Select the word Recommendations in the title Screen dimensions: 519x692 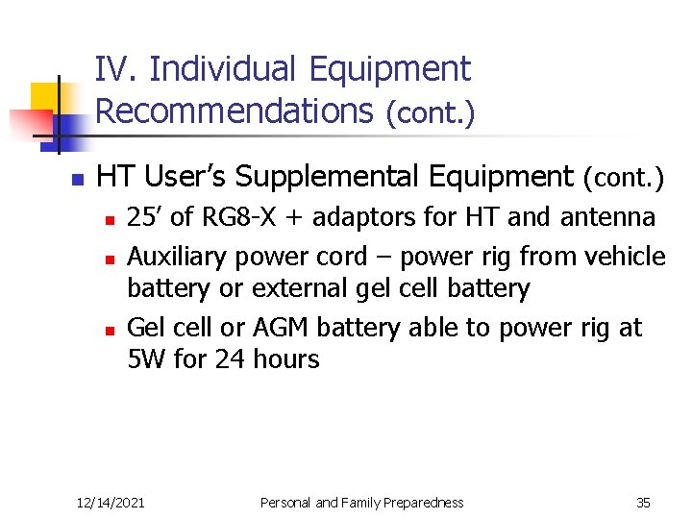click(234, 111)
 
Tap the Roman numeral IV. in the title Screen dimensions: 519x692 click(117, 69)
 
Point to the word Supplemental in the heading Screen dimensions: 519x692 click(404, 176)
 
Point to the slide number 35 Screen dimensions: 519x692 click(643, 503)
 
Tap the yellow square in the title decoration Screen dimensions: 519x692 click(44, 98)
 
